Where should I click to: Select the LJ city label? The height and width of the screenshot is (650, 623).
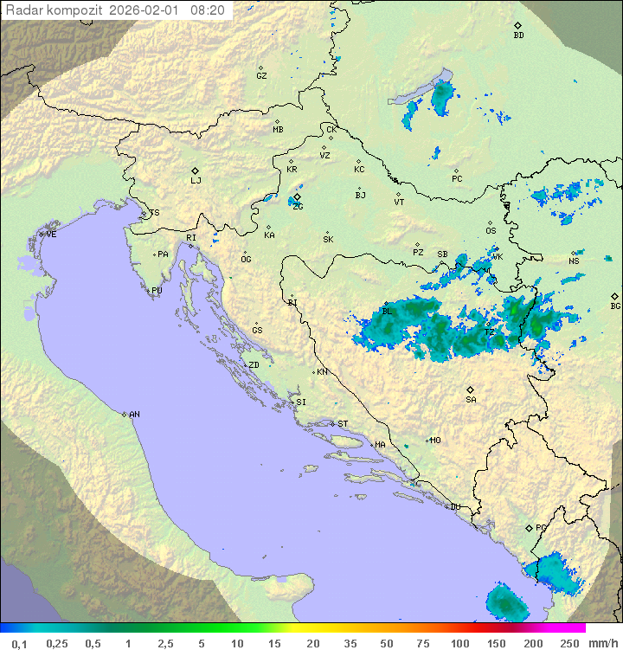coord(196,181)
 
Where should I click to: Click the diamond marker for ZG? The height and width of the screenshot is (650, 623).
coord(297,197)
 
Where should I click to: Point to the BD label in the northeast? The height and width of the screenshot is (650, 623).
coord(518,35)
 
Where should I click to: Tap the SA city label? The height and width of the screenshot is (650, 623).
coord(471,400)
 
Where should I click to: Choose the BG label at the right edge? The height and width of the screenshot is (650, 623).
coord(615,306)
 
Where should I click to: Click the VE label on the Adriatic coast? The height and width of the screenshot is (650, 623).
coord(51,235)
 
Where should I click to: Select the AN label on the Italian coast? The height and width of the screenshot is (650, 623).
coord(134,415)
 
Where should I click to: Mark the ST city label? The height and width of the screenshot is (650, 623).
coord(343,424)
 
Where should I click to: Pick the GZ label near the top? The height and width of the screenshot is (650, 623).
coord(261,76)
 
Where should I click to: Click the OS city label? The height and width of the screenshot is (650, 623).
coord(491,231)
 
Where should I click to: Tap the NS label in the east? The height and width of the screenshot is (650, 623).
coord(574,261)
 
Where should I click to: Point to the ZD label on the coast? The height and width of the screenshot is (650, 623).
coord(254,365)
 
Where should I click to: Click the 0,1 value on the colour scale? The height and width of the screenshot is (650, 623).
coord(19,643)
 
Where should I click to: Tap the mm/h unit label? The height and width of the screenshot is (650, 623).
coord(601,643)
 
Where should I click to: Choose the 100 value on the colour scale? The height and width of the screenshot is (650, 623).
coord(459,643)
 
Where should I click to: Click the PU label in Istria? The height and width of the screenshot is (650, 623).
coord(157,291)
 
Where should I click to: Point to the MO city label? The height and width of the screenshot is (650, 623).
coord(435,441)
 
